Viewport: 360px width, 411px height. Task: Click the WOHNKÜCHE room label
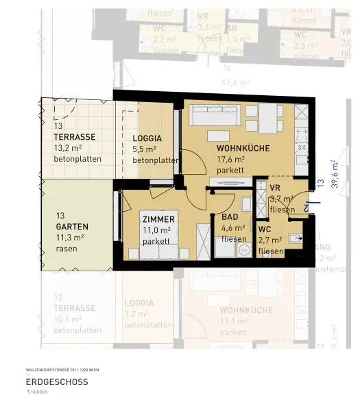pos(243,148)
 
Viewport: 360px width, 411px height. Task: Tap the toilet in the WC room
pos(296,239)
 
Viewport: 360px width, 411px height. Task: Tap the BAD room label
pos(230,217)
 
